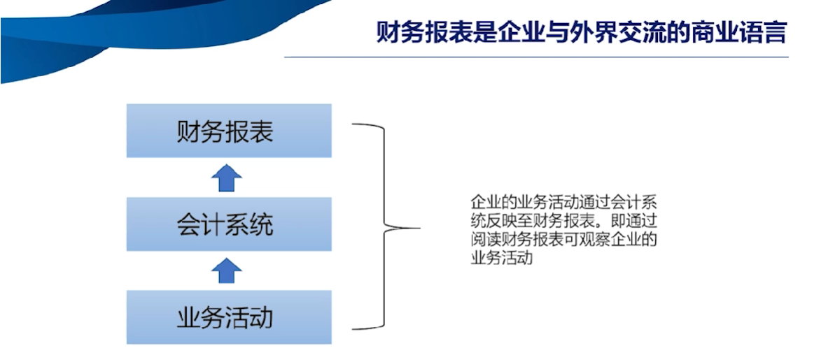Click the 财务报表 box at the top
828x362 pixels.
[x=229, y=130]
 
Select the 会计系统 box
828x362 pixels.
[x=229, y=224]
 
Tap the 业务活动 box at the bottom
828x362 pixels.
[x=229, y=317]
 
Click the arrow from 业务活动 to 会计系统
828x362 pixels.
[x=227, y=271]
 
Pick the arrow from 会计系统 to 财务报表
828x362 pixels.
[x=227, y=178]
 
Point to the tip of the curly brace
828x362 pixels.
[x=420, y=228]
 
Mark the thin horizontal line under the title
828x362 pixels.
[x=536, y=57]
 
